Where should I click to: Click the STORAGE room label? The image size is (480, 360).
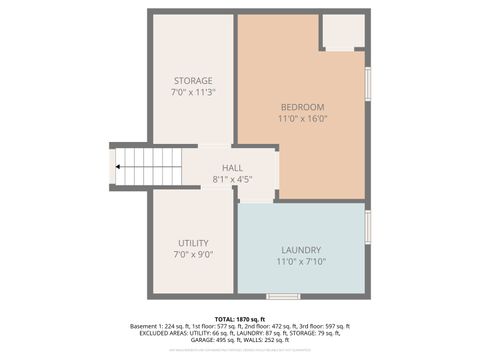193,80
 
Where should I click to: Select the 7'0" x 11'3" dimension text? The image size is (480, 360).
193,92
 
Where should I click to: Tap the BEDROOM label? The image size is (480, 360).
301,107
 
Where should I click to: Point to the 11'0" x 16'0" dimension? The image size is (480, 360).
301,119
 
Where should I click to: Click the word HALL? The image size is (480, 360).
232,168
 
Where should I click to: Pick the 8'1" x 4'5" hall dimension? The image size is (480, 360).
232,179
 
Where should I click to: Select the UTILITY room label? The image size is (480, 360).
193,243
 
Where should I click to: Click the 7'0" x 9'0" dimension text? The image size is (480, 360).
193,255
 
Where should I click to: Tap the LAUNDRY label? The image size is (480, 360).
301,250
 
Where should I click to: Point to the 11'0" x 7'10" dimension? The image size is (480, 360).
301,262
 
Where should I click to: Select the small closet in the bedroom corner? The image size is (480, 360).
343,32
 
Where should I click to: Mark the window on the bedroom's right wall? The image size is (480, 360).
368,83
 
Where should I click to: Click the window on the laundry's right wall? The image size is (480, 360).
368,227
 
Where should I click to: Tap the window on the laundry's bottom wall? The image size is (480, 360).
283,296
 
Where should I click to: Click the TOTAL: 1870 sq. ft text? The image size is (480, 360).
240,318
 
